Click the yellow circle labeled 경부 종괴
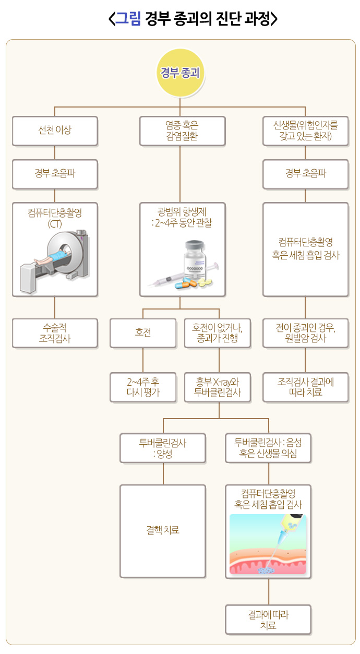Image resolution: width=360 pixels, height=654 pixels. (180, 73)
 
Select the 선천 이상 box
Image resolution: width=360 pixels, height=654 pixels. (55, 130)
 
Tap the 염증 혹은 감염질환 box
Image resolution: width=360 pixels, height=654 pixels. (182, 130)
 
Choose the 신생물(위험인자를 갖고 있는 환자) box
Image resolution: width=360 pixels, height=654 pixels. (305, 130)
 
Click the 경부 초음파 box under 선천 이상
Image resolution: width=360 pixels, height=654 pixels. (55, 174)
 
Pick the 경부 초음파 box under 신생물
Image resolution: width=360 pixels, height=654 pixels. (305, 174)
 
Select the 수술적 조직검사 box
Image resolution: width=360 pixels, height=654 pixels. (55, 333)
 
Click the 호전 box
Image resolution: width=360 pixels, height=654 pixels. (143, 333)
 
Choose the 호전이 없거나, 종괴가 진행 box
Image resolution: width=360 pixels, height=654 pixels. (219, 333)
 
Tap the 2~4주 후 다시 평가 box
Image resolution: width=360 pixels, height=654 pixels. (143, 387)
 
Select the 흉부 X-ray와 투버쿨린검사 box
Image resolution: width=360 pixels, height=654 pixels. (219, 387)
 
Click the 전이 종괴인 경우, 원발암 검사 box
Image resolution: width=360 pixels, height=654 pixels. (305, 333)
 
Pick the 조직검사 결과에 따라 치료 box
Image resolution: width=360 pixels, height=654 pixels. (305, 387)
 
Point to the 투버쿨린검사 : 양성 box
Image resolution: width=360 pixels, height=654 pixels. (163, 448)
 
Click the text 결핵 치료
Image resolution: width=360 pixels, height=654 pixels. (163, 530)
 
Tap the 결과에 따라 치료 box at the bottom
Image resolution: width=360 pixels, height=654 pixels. (268, 620)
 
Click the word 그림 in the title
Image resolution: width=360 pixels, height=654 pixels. (128, 19)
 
